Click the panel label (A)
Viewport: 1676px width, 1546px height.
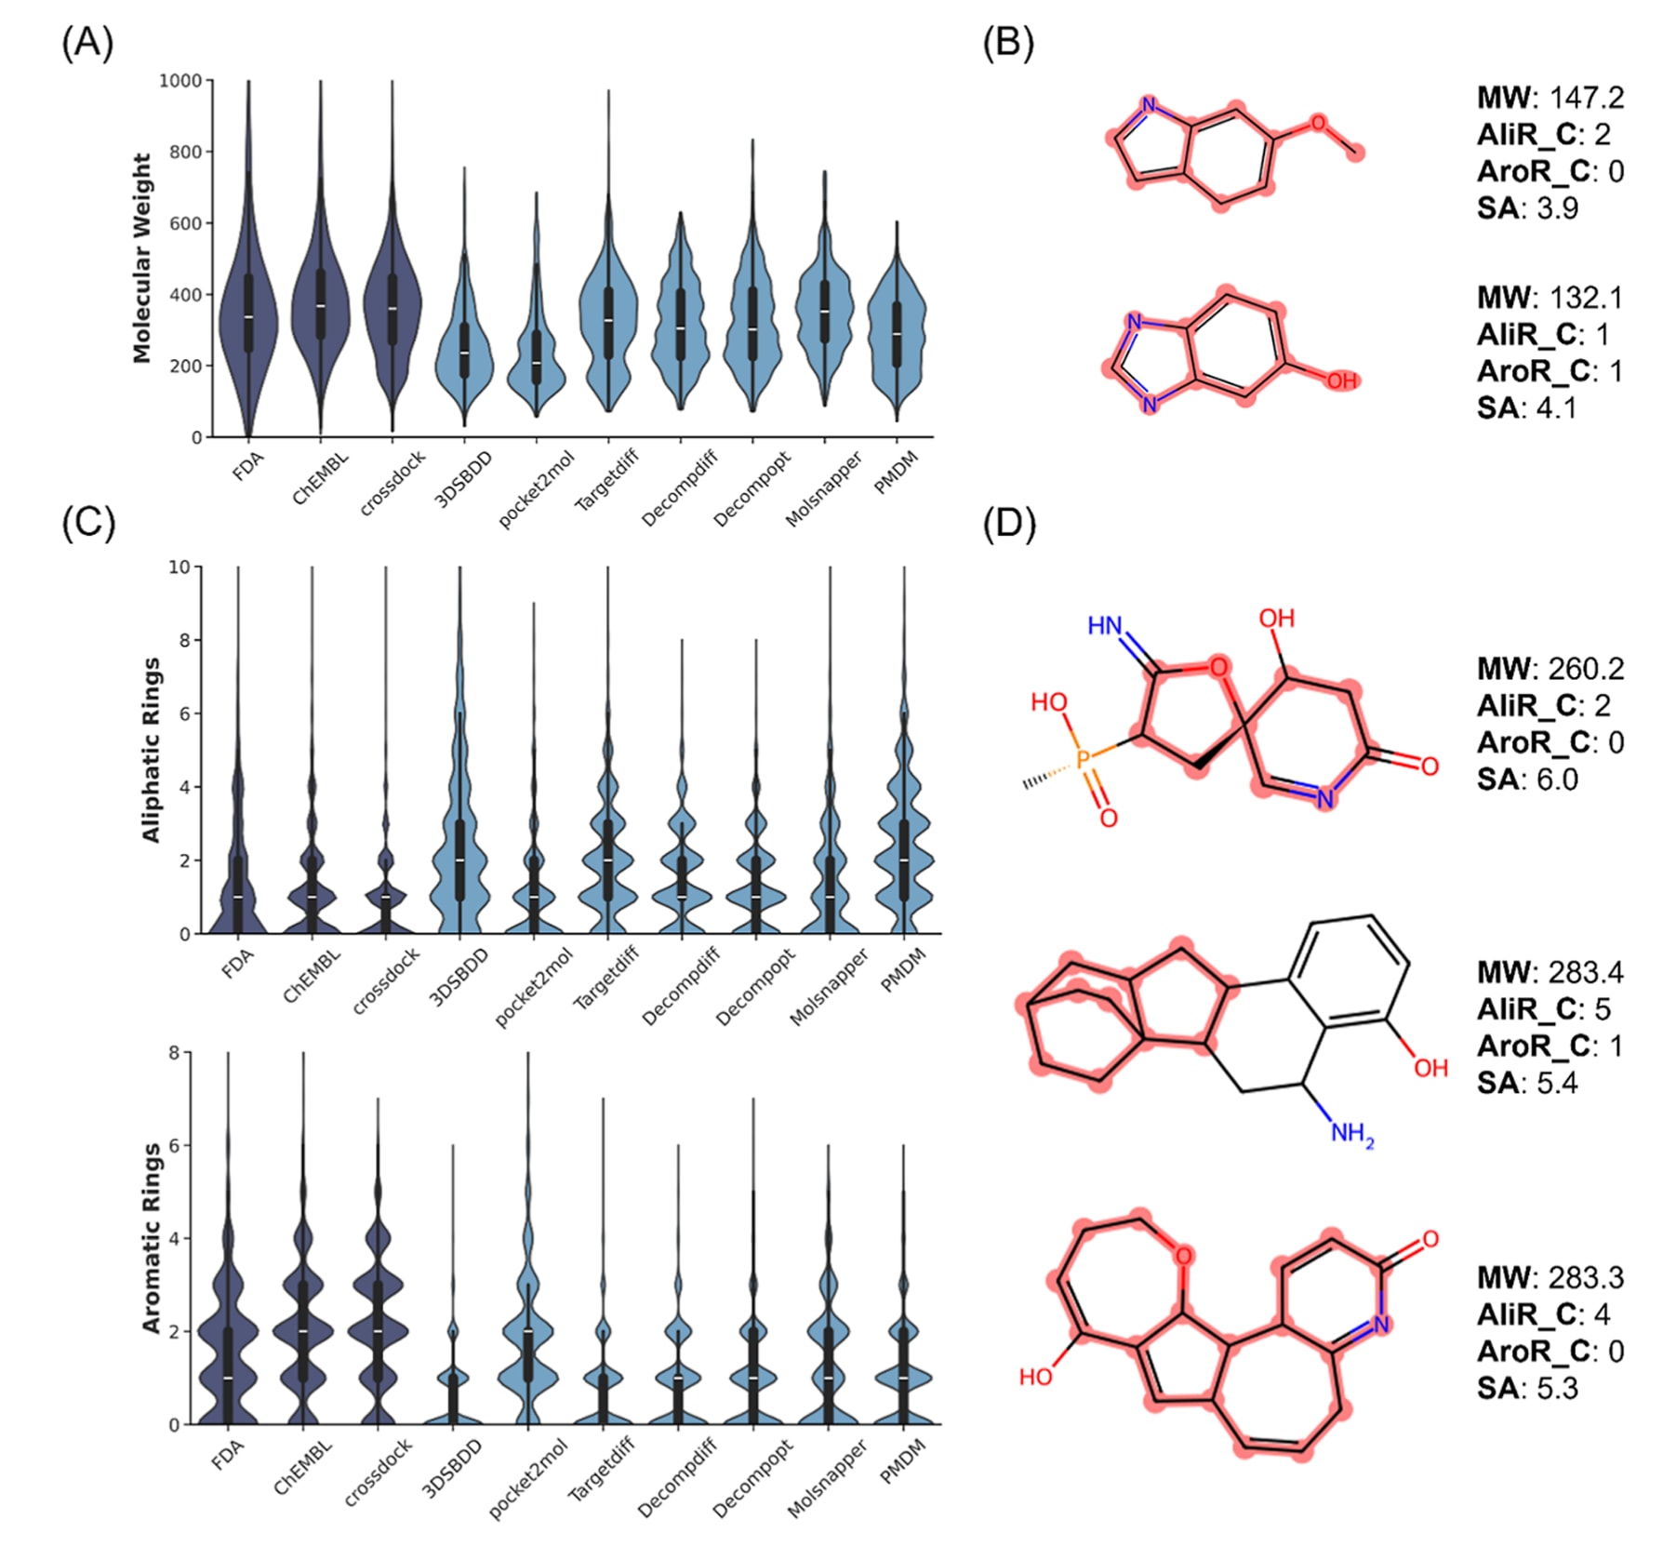(87, 44)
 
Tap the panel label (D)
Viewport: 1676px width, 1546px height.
(1009, 525)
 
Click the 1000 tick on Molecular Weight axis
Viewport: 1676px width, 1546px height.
(180, 81)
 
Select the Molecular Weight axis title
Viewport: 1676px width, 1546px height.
(141, 259)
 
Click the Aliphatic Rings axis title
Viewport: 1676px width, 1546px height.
(151, 750)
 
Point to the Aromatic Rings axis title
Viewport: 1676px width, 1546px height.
(151, 1238)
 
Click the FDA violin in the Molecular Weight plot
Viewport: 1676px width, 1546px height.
(248, 316)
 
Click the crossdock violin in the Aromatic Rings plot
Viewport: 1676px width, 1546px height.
(378, 1330)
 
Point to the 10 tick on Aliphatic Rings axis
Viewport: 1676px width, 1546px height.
(180, 566)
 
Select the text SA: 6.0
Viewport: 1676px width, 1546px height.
(1527, 780)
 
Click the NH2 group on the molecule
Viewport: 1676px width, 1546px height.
(1351, 1134)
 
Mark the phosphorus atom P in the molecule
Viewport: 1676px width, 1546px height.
(1083, 760)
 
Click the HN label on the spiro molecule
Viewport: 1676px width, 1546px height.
(1105, 626)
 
